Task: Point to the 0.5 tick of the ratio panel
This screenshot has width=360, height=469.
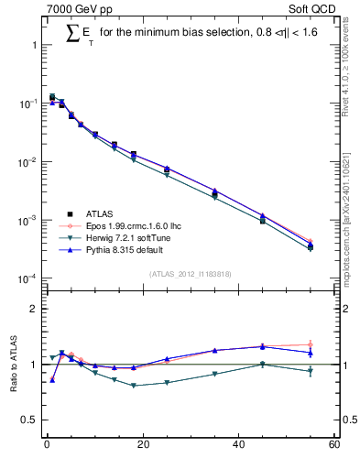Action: point(29,420)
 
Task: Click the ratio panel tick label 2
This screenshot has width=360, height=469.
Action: point(33,309)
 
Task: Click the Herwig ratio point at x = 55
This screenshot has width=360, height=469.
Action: point(311,371)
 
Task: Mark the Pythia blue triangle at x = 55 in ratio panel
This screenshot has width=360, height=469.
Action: point(311,352)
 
